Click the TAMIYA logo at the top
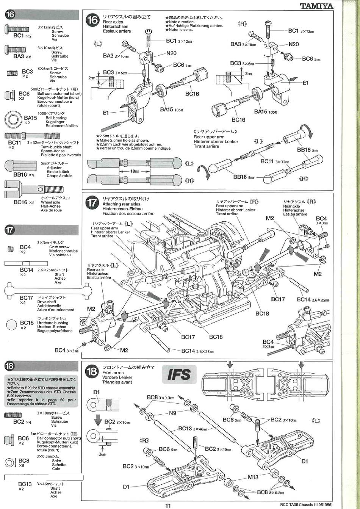(x=316, y=6)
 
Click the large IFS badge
(x=179, y=374)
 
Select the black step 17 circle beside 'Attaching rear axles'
(x=92, y=203)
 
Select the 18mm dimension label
(x=135, y=171)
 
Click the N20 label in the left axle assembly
(x=171, y=53)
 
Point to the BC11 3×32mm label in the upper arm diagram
(x=275, y=161)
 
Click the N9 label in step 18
(x=172, y=413)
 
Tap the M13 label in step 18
(x=253, y=477)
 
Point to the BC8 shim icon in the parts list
(x=10, y=462)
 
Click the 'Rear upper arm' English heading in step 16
(x=209, y=137)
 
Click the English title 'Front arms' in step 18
(x=113, y=373)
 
